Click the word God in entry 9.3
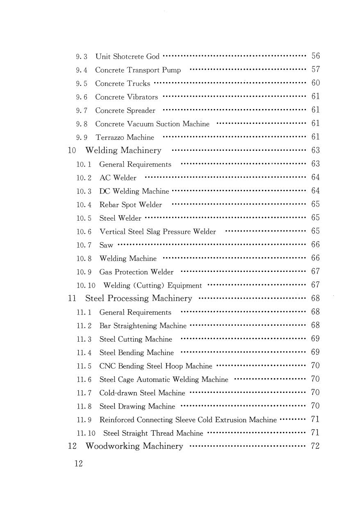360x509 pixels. [x=153, y=57]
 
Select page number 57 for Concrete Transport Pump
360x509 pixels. [x=315, y=70]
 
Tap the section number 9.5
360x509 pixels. [x=82, y=84]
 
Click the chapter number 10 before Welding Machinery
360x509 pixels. [x=72, y=151]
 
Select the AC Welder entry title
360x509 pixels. [x=118, y=178]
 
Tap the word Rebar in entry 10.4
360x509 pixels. [x=109, y=205]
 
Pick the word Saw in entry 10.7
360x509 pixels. [x=106, y=245]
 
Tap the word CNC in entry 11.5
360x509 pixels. [x=107, y=366]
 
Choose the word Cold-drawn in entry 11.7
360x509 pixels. [x=118, y=393]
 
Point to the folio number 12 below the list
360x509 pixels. [x=78, y=464]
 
